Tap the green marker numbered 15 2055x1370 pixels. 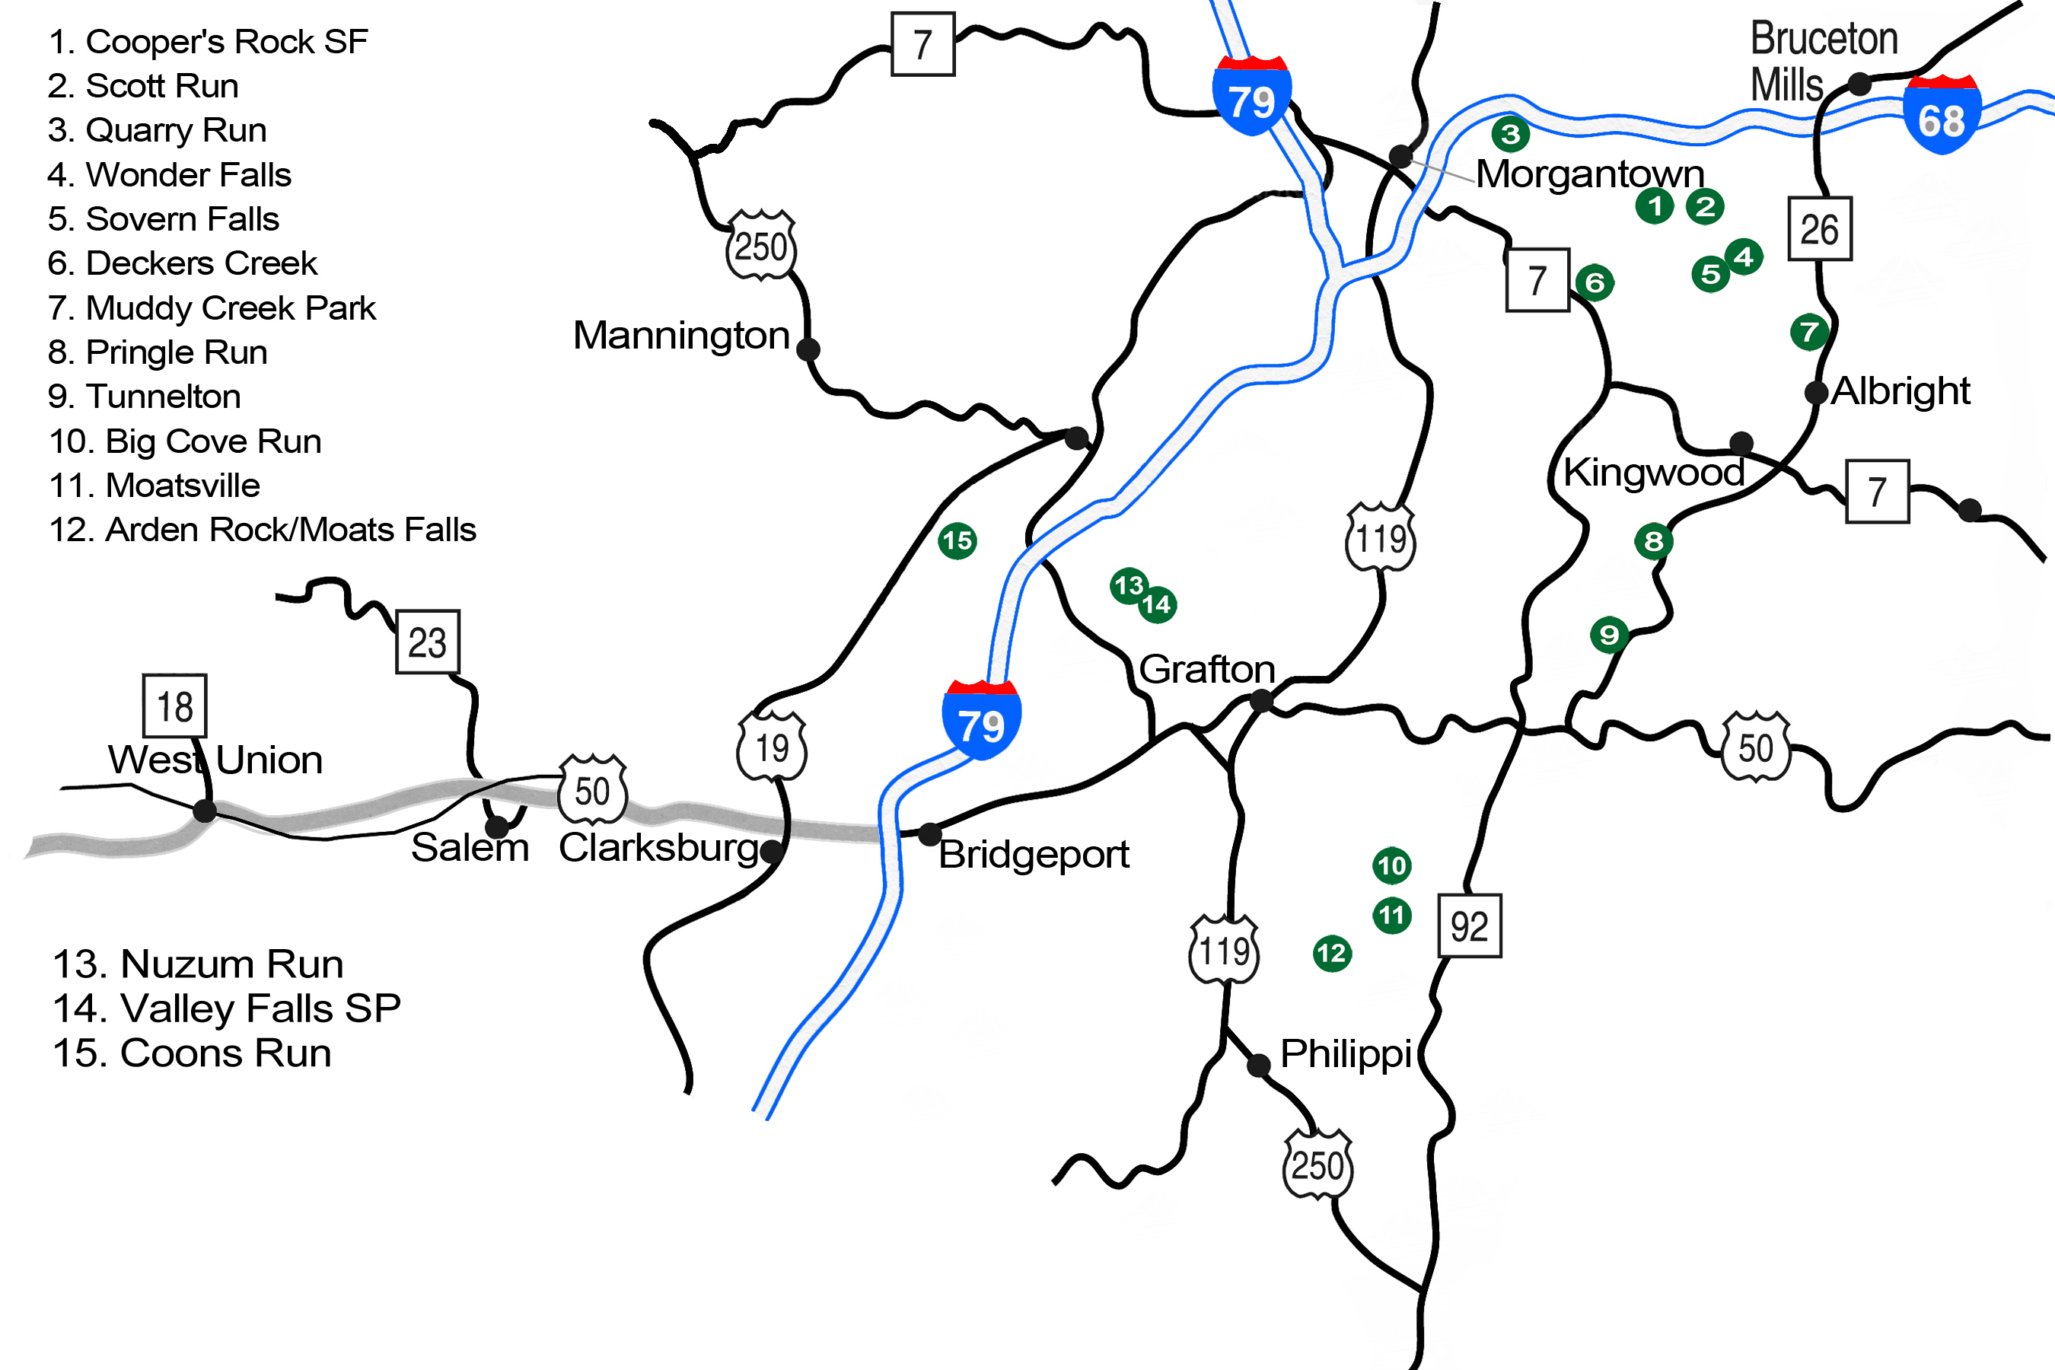click(957, 541)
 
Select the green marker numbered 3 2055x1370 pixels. click(1510, 135)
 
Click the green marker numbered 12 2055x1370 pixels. click(1331, 953)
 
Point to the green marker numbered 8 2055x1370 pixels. click(1653, 542)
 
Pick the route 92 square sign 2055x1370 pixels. click(1470, 926)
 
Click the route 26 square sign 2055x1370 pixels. click(1820, 229)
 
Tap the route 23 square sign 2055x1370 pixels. click(427, 642)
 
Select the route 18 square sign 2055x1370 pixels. click(175, 706)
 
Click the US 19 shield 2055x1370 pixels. click(772, 748)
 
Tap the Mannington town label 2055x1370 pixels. click(680, 336)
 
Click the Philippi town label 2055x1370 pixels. click(1346, 1053)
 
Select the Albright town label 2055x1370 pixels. click(1900, 390)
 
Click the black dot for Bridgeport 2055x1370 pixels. click(929, 834)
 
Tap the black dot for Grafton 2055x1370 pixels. click(1261, 701)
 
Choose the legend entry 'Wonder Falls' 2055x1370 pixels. click(170, 175)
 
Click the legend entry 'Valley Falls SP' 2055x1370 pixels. click(226, 1008)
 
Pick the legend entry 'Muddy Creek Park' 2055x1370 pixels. click(212, 307)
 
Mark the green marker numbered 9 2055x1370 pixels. click(1608, 634)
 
